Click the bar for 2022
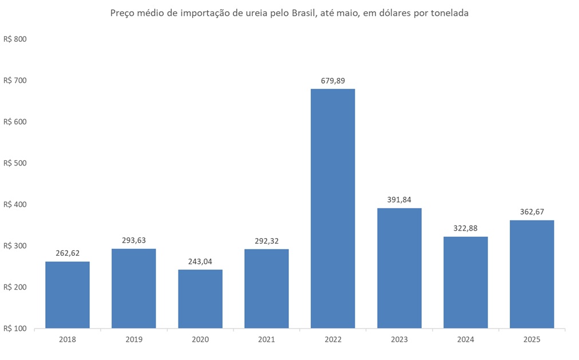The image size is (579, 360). pos(332,208)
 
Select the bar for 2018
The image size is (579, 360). pos(68,295)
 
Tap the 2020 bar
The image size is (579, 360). pos(200,299)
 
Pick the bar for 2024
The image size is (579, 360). pos(466,282)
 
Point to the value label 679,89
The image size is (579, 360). pos(333,81)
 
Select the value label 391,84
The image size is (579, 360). pos(399,200)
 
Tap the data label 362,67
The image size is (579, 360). pos(532,212)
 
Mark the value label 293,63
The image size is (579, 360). pos(134,240)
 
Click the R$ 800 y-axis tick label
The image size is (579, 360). pos(15,39)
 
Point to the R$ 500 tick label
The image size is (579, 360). pos(15,163)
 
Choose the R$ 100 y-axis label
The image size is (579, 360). pos(15,329)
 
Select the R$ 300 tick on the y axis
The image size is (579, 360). pos(15,246)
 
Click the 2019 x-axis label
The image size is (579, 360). pos(134,339)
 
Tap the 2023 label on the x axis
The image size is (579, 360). pos(399,339)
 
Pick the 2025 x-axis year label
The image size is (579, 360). pos(532,339)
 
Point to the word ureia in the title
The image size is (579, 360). pos(263,13)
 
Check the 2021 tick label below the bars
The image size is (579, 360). pos(267,339)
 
